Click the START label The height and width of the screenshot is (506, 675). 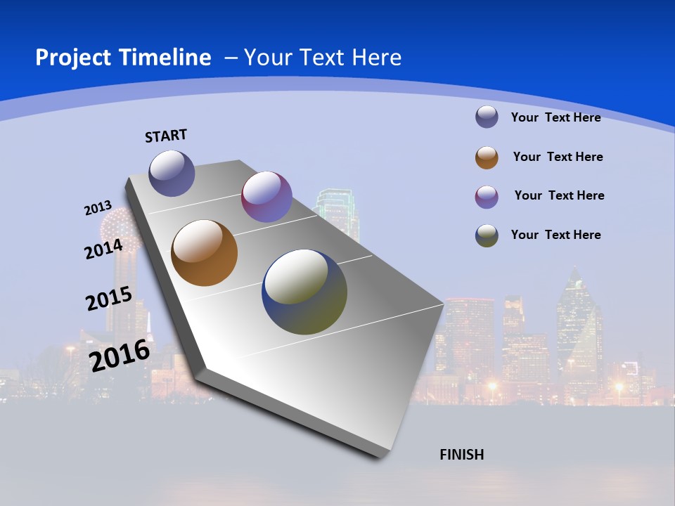166,136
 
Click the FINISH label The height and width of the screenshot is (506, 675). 461,455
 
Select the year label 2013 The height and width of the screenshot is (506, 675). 98,208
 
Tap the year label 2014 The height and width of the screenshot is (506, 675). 103,249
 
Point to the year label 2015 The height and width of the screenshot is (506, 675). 108,298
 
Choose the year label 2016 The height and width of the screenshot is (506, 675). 120,355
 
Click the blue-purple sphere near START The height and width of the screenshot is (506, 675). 172,173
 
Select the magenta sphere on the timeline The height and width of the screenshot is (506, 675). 266,197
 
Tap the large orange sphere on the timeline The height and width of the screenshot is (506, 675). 204,253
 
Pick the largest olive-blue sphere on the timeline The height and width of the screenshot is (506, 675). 304,292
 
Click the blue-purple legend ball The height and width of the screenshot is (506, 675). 487,117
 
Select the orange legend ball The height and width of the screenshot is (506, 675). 487,157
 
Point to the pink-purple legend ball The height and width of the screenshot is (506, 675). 487,196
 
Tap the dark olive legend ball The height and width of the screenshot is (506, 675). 487,235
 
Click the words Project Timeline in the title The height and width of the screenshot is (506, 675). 123,58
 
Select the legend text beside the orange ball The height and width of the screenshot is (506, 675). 558,157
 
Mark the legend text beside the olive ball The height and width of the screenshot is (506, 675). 555,235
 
